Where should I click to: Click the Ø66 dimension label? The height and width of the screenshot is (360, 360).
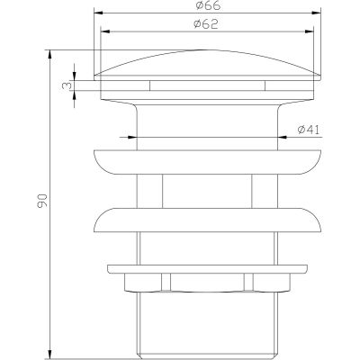(208, 5)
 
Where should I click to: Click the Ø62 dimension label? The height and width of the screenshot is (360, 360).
(206, 24)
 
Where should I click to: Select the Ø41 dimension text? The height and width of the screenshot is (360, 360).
(309, 130)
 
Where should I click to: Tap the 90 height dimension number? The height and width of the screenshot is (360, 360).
(42, 201)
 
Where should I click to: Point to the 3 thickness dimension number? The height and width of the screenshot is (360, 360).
(67, 85)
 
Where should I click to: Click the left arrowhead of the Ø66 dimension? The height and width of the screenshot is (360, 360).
(98, 13)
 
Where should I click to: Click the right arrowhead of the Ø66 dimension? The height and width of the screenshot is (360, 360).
(317, 13)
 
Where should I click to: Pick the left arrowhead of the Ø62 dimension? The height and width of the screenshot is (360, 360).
(104, 31)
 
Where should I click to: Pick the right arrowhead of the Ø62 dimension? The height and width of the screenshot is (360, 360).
(310, 31)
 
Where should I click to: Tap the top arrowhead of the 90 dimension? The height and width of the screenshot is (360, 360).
(50, 54)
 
